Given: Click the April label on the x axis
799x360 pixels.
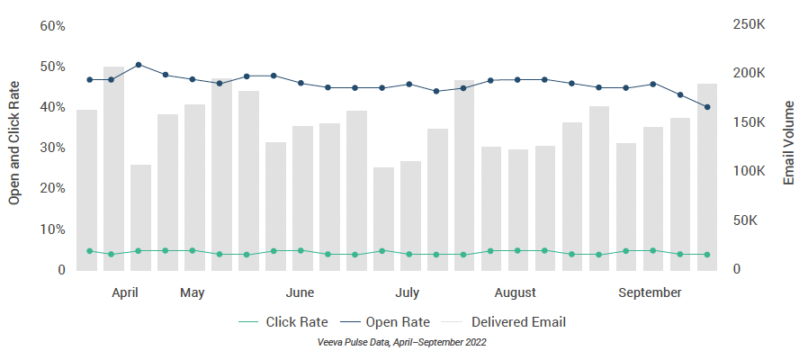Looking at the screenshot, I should pyautogui.click(x=125, y=292).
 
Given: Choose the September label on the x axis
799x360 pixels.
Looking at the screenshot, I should pyautogui.click(x=650, y=292).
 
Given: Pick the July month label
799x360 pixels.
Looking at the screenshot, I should pyautogui.click(x=407, y=292).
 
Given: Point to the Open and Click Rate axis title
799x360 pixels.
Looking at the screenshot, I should pyautogui.click(x=14, y=142).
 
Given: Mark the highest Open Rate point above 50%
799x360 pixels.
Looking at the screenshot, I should pyautogui.click(x=139, y=65).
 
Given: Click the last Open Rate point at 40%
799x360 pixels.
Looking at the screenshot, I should pyautogui.click(x=707, y=107).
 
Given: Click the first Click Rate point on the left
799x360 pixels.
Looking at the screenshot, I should pyautogui.click(x=89, y=251).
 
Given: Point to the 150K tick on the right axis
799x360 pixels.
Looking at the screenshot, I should pyautogui.click(x=750, y=122).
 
